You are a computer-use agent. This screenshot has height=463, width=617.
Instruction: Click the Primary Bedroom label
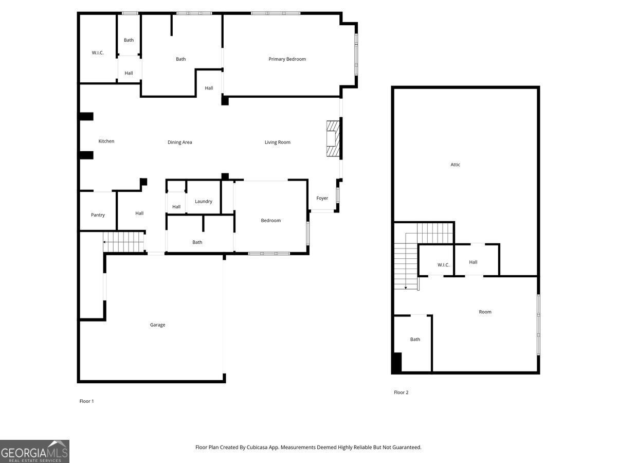[287, 59]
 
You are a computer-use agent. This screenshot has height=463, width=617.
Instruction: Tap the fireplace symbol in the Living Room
[333, 138]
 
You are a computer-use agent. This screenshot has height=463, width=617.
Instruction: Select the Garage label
[157, 325]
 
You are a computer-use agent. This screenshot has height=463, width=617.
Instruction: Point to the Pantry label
[98, 215]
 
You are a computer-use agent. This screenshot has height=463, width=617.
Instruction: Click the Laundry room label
[204, 201]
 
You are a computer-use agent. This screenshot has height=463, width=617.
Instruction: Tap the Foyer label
[322, 198]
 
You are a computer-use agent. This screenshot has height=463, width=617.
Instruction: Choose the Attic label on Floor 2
[456, 165]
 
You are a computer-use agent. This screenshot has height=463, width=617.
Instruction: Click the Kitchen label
[106, 141]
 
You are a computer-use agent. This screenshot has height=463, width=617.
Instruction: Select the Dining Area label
[179, 143]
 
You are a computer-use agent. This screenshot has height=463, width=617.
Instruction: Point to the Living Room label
[278, 143]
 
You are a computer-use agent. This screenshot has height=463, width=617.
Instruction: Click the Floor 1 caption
[86, 401]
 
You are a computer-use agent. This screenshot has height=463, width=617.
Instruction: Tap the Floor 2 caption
[401, 393]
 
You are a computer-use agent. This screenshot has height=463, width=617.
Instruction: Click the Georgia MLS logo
[34, 452]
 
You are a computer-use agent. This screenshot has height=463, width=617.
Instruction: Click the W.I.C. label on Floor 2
[444, 265]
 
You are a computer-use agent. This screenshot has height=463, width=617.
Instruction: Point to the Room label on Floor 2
[485, 312]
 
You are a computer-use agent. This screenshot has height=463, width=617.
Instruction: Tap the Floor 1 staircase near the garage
[123, 242]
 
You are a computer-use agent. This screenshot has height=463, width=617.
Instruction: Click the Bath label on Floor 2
[415, 340]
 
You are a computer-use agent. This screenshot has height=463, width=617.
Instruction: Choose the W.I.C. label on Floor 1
[98, 52]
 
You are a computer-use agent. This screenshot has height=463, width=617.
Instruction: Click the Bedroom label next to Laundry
[270, 220]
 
